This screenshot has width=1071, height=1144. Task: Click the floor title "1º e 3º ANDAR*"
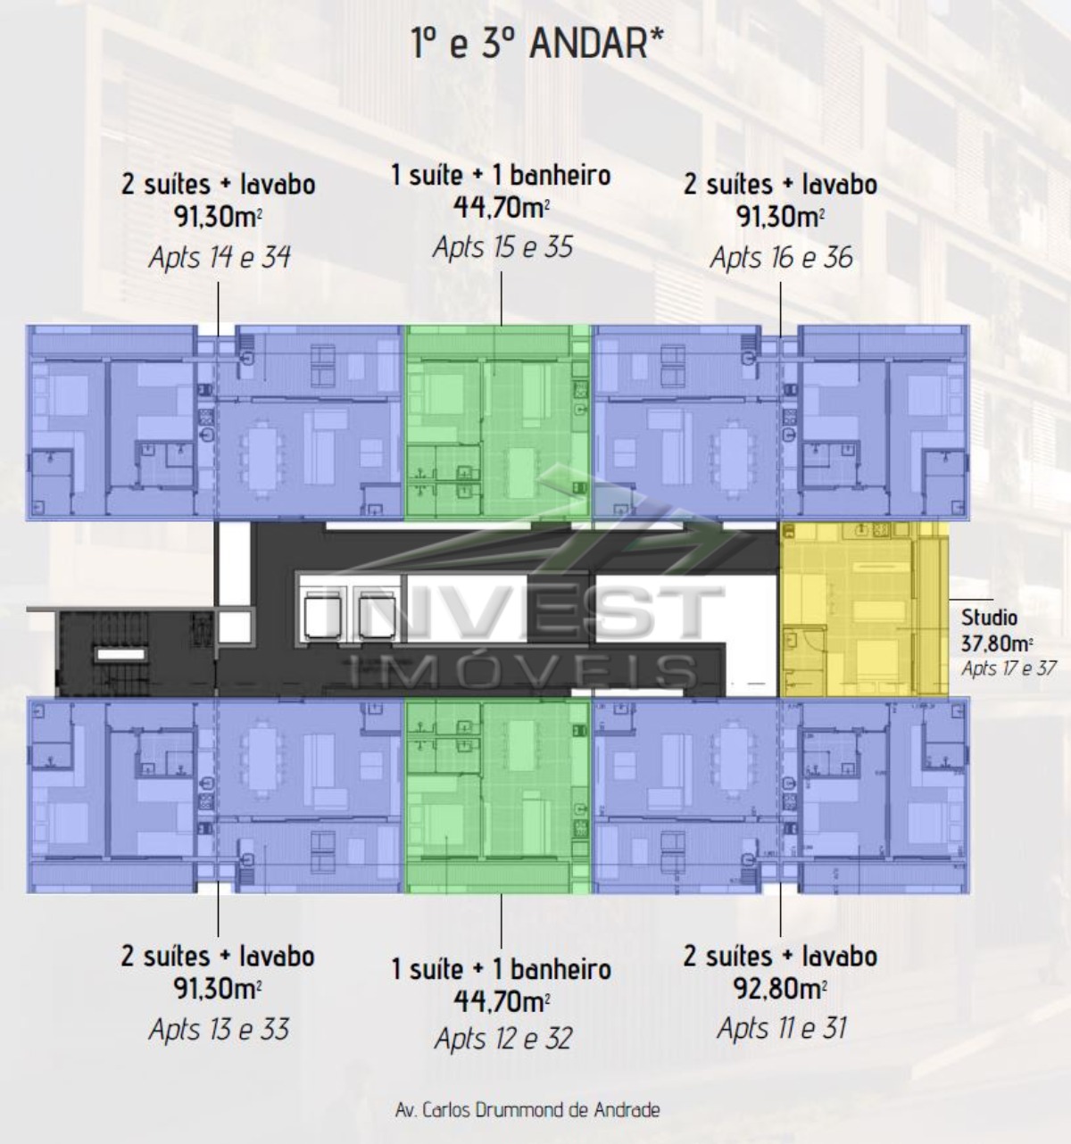[537, 43]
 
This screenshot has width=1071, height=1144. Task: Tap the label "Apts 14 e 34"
[219, 257]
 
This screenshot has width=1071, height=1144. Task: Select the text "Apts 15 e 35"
[502, 247]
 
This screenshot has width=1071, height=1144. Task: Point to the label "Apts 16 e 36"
[781, 257]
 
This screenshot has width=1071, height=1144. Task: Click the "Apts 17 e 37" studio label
[1009, 668]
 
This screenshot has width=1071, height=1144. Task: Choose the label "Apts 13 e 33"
[219, 1029]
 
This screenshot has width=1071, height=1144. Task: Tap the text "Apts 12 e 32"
[503, 1039]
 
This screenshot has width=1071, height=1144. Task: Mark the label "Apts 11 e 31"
[781, 1028]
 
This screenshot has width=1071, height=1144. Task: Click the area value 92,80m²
[779, 989]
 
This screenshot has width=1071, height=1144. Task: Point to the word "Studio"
[989, 618]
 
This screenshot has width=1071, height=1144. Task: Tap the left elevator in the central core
[323, 615]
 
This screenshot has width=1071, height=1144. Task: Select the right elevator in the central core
[377, 615]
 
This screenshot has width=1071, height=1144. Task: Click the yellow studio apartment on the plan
[864, 609]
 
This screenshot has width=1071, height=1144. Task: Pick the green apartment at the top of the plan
[498, 422]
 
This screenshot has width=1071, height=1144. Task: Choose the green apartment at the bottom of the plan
[498, 795]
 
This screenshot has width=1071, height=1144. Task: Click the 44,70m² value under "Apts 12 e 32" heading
[502, 1002]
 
